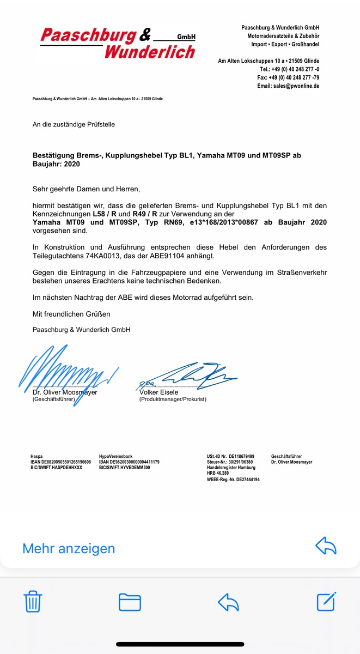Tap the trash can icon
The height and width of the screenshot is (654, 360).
(x=33, y=601)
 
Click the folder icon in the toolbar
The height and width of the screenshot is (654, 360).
(x=130, y=601)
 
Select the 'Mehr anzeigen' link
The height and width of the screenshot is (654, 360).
(x=69, y=548)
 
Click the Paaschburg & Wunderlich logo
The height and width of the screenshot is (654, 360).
(x=118, y=44)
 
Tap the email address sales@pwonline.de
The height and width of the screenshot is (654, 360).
(x=288, y=86)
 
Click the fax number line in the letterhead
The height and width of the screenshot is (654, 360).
(x=288, y=78)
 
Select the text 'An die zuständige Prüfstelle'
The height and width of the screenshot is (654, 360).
(x=74, y=125)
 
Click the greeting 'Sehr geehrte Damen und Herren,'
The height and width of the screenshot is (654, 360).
(x=86, y=189)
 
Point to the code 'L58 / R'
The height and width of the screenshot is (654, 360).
(x=104, y=214)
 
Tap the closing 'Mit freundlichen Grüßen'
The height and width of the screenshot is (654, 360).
(x=71, y=314)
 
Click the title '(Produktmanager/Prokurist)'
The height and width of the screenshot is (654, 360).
(x=173, y=399)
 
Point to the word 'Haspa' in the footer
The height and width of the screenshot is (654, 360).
(x=36, y=456)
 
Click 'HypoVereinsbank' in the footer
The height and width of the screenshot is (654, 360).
(x=115, y=456)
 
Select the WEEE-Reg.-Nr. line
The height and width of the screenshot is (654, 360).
(x=233, y=480)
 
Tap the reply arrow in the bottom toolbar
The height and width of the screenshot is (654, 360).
(x=228, y=601)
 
